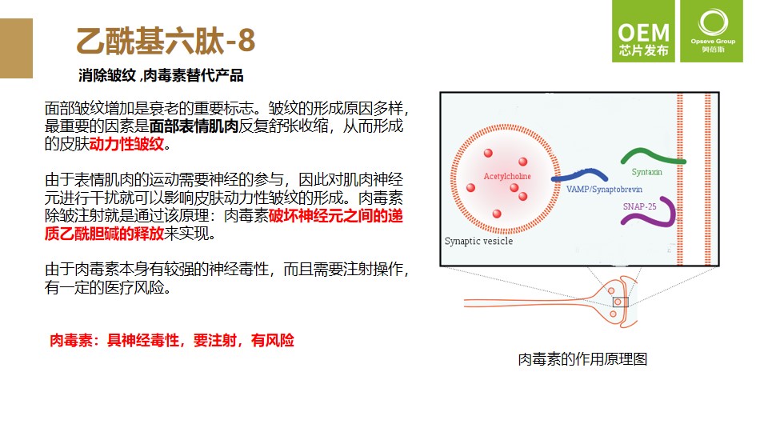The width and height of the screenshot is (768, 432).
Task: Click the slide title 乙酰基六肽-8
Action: click(x=166, y=40)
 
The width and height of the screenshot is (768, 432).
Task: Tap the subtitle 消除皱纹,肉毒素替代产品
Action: click(x=161, y=75)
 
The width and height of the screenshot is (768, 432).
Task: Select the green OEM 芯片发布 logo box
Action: click(x=643, y=31)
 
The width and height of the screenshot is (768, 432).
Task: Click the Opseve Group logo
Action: click(x=713, y=31)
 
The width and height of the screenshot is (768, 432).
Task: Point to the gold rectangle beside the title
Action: click(x=16, y=49)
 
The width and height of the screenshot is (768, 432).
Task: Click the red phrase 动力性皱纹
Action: click(x=126, y=144)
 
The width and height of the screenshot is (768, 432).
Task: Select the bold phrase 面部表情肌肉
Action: click(x=194, y=126)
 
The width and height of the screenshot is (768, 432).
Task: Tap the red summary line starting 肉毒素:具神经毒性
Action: click(x=172, y=340)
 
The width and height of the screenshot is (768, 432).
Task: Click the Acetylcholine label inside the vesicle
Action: click(x=507, y=176)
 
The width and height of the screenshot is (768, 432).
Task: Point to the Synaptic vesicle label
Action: click(x=478, y=241)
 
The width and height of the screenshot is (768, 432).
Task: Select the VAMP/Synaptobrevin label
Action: click(x=604, y=189)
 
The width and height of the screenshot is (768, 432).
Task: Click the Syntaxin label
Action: click(x=646, y=172)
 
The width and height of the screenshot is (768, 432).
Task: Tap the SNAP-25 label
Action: click(x=639, y=206)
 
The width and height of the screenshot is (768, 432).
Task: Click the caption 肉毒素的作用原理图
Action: click(x=582, y=359)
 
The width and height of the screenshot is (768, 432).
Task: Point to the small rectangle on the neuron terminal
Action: click(x=620, y=302)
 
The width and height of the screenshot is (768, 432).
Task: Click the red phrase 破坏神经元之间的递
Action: click(x=335, y=215)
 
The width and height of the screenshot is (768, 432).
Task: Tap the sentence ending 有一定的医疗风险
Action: click(x=108, y=287)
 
